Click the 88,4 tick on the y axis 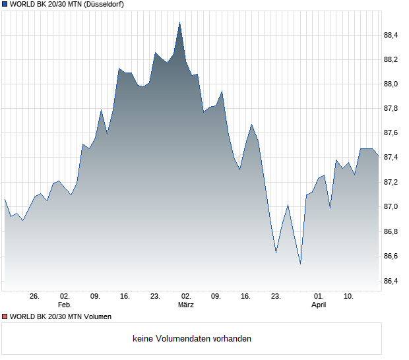point(392,35)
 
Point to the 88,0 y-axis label point(392,84)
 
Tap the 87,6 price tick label point(392,133)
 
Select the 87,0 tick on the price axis point(392,207)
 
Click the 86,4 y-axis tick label point(392,281)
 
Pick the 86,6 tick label point(392,256)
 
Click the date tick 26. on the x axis point(35,297)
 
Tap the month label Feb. point(65,305)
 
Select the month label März point(185,305)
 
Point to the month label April point(319,305)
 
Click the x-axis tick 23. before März point(156,297)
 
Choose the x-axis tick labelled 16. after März point(246,297)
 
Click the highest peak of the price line point(179,22)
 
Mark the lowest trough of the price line point(300,264)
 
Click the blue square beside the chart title point(5,4)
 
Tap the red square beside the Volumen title point(5,316)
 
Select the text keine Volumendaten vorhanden point(192,339)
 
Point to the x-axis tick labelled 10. point(349,297)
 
